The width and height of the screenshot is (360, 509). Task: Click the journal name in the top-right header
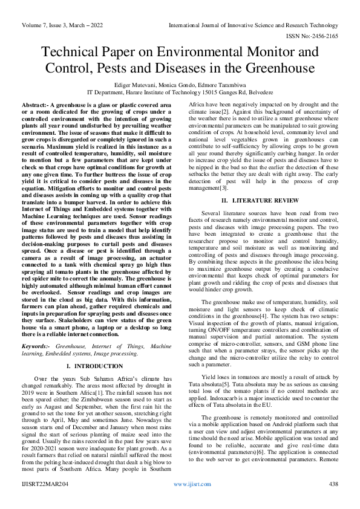click(253, 26)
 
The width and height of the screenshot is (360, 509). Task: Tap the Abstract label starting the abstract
click(35, 105)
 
